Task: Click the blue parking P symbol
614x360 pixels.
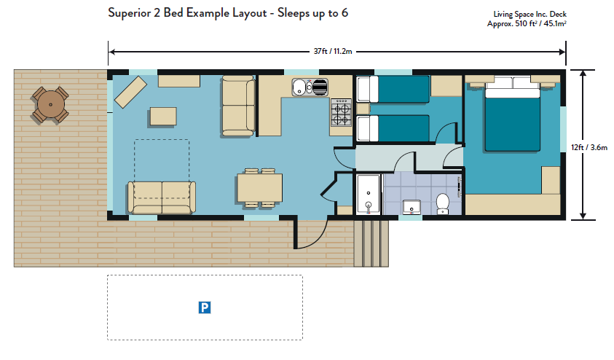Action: tap(205, 308)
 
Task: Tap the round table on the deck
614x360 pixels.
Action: tap(50, 105)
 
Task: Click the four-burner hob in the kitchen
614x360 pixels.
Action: tap(341, 112)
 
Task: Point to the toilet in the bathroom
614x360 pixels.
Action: tap(443, 204)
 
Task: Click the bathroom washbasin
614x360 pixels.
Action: tap(412, 207)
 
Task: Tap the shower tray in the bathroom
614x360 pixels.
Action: tap(369, 195)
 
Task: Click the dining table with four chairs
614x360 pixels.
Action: tap(259, 187)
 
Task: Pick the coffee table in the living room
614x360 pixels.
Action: tap(163, 117)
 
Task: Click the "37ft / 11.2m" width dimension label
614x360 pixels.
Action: tap(332, 51)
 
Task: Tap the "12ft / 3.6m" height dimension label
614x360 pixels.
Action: tap(589, 147)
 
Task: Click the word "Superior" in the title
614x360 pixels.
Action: tap(129, 13)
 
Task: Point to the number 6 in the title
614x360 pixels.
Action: tap(345, 13)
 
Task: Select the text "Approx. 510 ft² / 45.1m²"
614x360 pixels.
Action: tap(527, 23)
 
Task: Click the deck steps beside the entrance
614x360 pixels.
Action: tap(371, 243)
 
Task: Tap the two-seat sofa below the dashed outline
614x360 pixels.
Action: tap(162, 197)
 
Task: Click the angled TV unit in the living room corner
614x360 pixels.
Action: tap(130, 92)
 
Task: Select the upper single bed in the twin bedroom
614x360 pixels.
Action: tap(393, 90)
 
